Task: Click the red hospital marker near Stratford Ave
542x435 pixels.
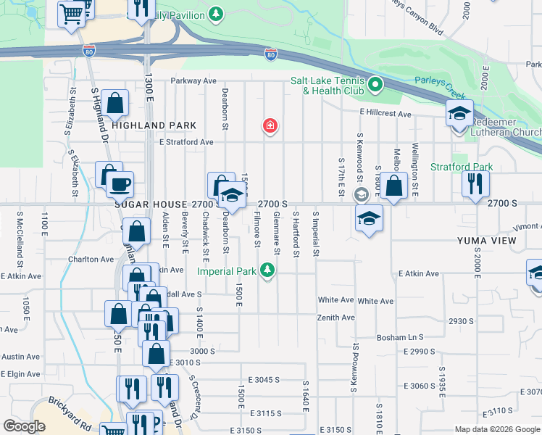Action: (270, 127)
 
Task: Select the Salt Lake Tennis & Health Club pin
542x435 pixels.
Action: (375, 86)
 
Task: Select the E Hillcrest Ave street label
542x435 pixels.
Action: (385, 114)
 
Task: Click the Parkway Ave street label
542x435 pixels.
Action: (194, 81)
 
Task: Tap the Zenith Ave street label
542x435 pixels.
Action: (335, 318)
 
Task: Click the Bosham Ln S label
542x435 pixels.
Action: (399, 338)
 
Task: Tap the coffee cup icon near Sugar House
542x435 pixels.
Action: (120, 183)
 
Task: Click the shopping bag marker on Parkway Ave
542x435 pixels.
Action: (116, 104)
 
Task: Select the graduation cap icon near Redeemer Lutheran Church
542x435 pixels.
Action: (459, 113)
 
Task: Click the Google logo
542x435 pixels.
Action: (24, 426)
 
